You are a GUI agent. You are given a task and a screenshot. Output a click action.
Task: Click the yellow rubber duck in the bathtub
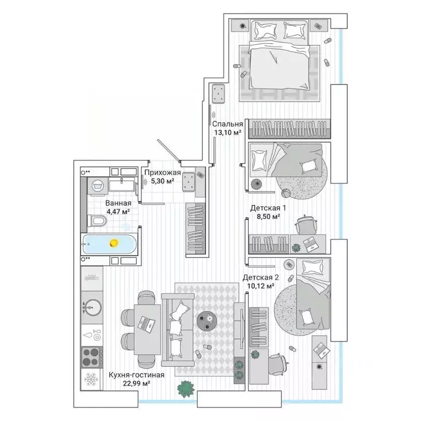[x=114, y=243]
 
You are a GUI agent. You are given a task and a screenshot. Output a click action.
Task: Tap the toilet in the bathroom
[x=96, y=221]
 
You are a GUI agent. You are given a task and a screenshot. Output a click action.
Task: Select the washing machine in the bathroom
[x=97, y=186]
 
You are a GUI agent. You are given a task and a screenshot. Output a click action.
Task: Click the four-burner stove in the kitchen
[x=92, y=357]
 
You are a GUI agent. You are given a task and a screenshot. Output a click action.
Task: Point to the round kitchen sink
[x=92, y=307]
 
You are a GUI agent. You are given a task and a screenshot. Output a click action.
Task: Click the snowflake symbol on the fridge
[x=91, y=379]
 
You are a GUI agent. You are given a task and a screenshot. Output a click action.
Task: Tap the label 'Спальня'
[x=227, y=124]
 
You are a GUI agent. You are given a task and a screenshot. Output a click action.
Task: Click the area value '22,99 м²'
[x=136, y=383]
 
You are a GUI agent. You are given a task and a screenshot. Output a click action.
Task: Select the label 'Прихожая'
[x=162, y=173]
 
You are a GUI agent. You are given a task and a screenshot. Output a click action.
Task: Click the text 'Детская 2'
[x=261, y=277]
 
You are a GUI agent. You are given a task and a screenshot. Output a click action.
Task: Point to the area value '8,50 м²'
[x=269, y=217]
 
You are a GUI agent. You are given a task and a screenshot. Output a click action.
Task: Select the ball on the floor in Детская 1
[x=286, y=194]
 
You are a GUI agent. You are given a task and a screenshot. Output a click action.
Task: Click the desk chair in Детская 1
[x=306, y=225]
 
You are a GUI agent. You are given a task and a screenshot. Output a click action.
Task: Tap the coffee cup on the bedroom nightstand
[x=243, y=26]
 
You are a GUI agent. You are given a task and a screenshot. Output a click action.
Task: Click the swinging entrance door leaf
[x=169, y=151]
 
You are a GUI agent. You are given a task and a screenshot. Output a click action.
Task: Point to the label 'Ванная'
[x=118, y=203]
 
